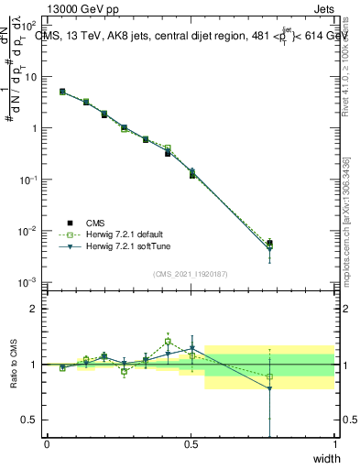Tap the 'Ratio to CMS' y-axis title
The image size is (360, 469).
pyautogui.click(x=15, y=364)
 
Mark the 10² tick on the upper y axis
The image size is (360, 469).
pyautogui.click(x=31, y=26)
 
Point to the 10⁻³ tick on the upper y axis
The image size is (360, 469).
pyautogui.click(x=31, y=282)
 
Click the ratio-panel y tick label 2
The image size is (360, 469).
pyautogui.click(x=35, y=309)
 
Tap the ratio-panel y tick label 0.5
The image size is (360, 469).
pyautogui.click(x=31, y=420)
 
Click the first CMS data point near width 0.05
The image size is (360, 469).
pyautogui.click(x=62, y=92)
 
